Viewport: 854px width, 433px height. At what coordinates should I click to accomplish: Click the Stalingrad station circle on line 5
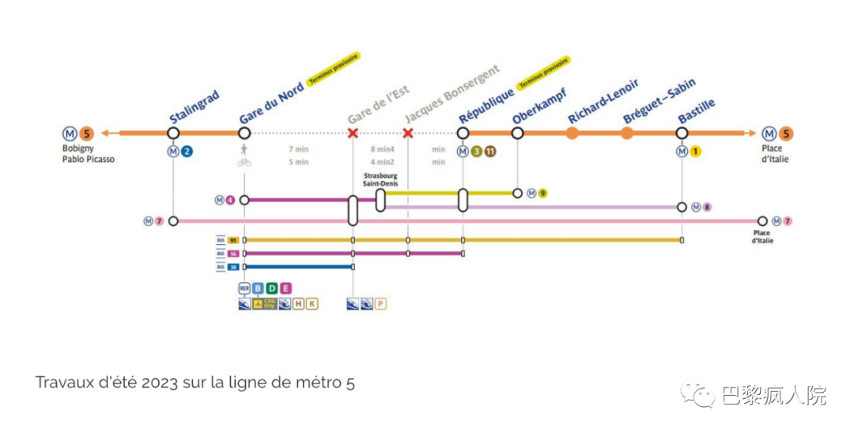(x=173, y=133)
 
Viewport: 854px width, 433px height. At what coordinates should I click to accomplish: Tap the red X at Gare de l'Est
(x=353, y=133)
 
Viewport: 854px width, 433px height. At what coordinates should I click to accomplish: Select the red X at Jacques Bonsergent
(x=408, y=133)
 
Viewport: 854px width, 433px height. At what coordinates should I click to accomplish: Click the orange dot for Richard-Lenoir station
(x=572, y=133)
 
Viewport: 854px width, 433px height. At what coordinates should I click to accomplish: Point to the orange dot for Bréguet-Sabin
(x=626, y=133)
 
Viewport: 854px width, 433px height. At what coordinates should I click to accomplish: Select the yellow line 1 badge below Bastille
(x=696, y=152)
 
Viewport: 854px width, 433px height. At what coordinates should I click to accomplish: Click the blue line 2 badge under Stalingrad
(x=187, y=152)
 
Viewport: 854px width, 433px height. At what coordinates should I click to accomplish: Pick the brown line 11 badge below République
(x=490, y=152)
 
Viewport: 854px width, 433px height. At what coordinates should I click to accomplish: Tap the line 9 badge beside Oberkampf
(x=543, y=193)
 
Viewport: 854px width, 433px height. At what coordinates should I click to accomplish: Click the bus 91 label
(x=233, y=239)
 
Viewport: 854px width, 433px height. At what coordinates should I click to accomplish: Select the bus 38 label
(x=233, y=267)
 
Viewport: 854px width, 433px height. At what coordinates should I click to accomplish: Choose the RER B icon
(x=258, y=288)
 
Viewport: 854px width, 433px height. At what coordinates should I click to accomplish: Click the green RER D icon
(x=271, y=288)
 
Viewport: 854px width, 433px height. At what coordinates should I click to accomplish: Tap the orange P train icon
(x=380, y=303)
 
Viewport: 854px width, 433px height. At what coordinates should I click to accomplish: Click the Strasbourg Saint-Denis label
(x=380, y=179)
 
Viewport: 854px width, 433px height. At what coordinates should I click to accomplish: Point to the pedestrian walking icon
(x=244, y=149)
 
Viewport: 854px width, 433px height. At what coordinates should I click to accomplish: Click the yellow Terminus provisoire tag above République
(x=543, y=71)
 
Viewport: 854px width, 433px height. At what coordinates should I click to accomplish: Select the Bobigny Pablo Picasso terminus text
(x=88, y=154)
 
